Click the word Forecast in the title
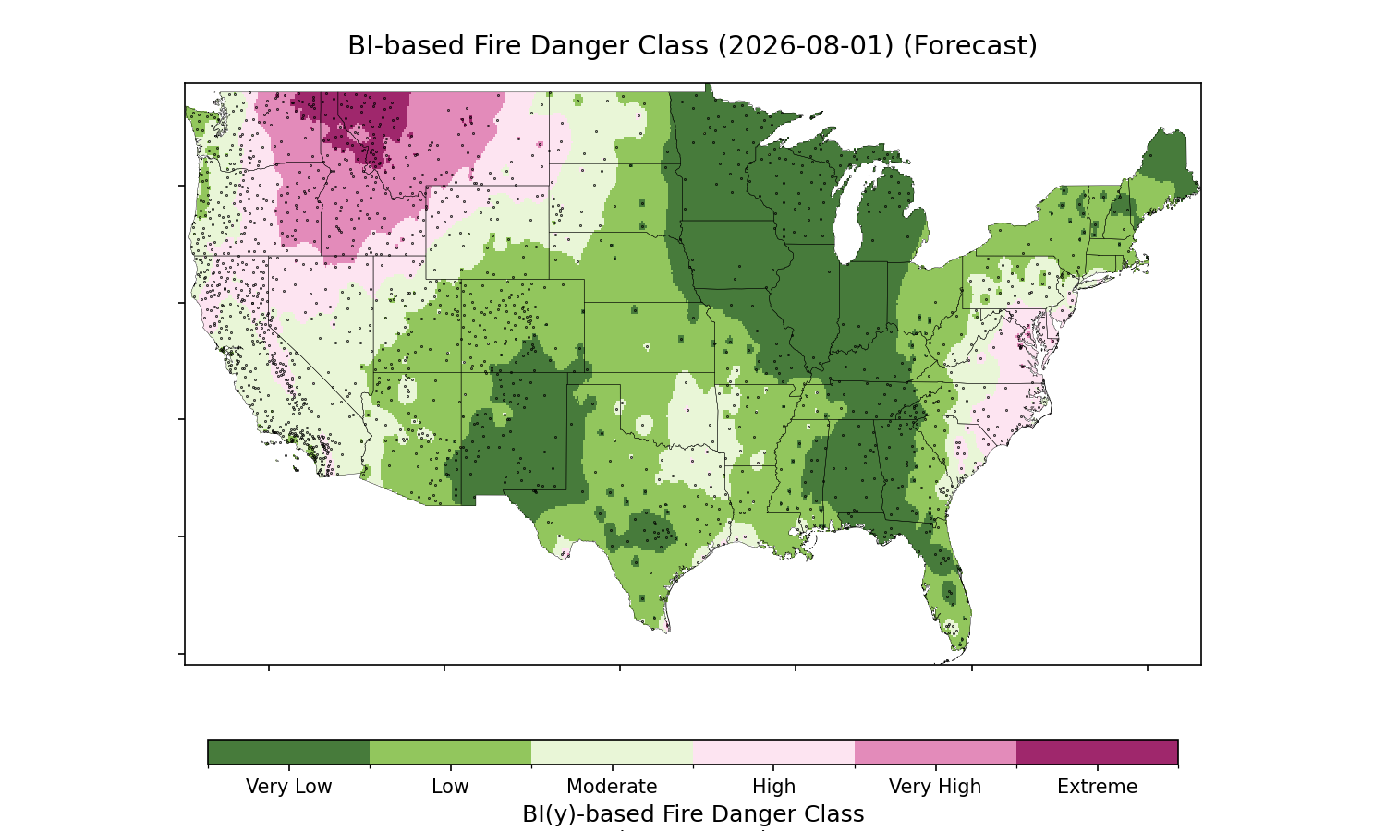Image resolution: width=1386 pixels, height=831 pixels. [969, 46]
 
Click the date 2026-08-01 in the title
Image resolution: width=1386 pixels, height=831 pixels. [806, 46]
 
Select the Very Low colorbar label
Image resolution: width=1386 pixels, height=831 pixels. [288, 787]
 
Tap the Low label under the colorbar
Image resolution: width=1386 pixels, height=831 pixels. [450, 787]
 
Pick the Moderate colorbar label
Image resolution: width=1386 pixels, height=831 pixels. [612, 787]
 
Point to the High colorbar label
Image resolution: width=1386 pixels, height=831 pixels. [773, 787]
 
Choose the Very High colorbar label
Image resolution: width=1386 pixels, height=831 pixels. [935, 787]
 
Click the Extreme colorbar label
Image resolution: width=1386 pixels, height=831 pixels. [1097, 787]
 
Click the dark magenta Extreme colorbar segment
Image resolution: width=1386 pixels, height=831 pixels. [1097, 752]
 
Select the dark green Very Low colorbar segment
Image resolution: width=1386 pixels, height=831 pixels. [288, 752]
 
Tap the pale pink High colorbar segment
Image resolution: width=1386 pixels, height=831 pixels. [773, 752]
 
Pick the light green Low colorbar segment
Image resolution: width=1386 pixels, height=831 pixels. [450, 752]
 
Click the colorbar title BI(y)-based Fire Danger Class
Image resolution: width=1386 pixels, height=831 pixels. [693, 814]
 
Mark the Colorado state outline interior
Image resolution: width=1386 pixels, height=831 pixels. [523, 326]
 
